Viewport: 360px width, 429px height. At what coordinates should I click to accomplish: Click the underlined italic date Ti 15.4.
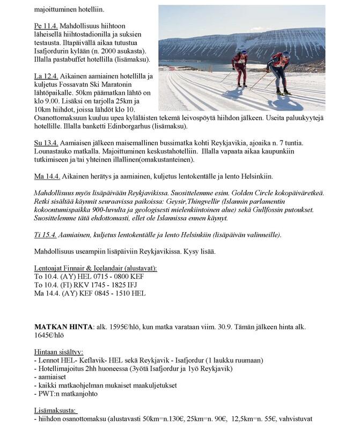click(x=46, y=235)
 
